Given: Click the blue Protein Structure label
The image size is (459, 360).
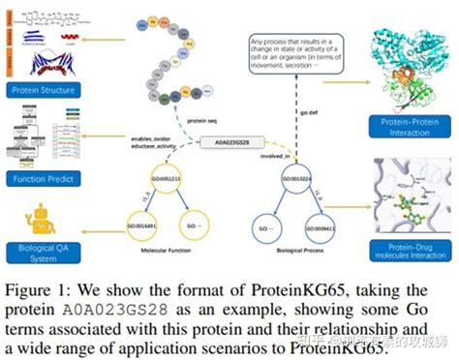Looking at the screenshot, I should point(42,91).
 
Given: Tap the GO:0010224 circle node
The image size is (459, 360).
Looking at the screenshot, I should point(298,178).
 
